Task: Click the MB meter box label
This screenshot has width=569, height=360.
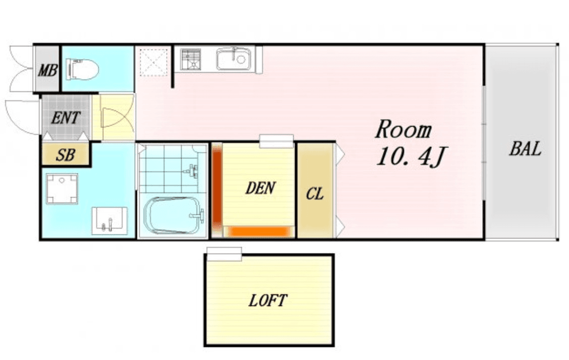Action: (47, 70)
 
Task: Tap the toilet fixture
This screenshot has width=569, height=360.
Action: (83, 69)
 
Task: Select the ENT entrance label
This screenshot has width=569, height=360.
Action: (65, 118)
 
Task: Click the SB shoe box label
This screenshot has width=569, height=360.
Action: (65, 155)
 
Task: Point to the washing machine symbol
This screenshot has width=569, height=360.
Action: (62, 189)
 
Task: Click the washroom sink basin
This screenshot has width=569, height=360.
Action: (109, 221)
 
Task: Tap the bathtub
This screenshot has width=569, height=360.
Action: (172, 215)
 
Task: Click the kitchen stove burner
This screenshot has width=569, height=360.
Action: (191, 59)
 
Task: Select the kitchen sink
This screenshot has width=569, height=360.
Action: (234, 58)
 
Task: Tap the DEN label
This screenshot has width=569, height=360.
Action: (261, 188)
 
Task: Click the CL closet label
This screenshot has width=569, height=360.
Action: (314, 194)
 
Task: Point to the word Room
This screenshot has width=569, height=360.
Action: (404, 130)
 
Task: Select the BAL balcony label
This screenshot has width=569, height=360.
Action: (525, 148)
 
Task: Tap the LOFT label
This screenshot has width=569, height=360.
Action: (268, 300)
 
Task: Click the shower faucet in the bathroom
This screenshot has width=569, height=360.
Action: (192, 170)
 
